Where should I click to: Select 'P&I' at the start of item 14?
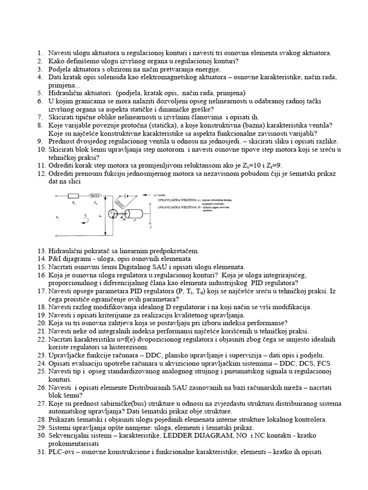(56, 258)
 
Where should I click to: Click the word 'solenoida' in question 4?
(109, 77)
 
